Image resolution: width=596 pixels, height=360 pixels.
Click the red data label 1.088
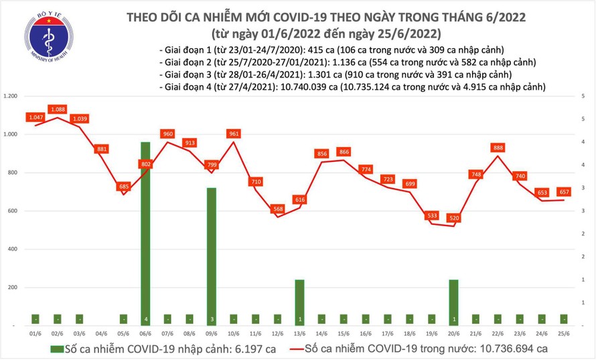(x=57, y=109)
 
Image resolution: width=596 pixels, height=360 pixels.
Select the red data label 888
(x=498, y=148)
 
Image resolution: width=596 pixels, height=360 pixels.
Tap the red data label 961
(x=234, y=134)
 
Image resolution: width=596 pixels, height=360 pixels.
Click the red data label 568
(x=277, y=209)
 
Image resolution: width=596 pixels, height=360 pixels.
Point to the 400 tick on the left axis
(x=11, y=250)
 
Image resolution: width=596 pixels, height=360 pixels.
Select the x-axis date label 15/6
(x=344, y=333)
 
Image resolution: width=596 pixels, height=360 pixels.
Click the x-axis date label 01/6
(x=35, y=333)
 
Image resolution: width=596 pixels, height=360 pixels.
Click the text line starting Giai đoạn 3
(x=335, y=75)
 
